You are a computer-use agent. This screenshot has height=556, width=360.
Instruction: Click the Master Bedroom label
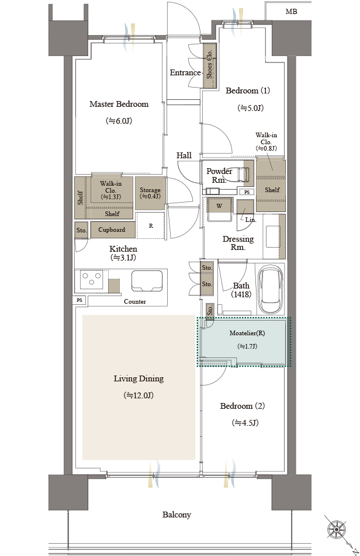coord(119,104)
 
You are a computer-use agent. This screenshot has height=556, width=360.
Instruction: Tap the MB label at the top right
coord(291,11)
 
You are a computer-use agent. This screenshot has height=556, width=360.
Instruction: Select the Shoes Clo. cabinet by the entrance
coord(209,65)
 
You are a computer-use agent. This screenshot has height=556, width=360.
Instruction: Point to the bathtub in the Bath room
coord(271,289)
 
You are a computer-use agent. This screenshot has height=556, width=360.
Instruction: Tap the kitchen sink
coord(147,281)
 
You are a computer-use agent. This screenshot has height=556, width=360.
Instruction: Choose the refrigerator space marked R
coord(151,225)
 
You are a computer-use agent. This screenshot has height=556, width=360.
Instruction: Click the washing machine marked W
coord(220,210)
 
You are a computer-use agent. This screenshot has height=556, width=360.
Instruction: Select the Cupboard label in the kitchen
coord(112,230)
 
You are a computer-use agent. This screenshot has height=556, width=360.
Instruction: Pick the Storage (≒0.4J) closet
coord(150,193)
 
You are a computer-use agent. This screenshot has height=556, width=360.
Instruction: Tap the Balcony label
coord(176,515)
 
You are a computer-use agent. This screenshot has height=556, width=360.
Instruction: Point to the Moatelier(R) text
coord(247,333)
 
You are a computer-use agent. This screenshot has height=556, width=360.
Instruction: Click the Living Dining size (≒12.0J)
coord(139,395)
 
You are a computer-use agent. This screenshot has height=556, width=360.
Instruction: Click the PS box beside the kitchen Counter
coord(79,300)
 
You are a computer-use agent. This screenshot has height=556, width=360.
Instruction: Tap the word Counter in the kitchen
coord(135,301)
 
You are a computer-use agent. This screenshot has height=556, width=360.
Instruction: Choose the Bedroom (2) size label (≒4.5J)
coord(245,423)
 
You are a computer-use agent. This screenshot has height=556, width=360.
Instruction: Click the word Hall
coord(184,155)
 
